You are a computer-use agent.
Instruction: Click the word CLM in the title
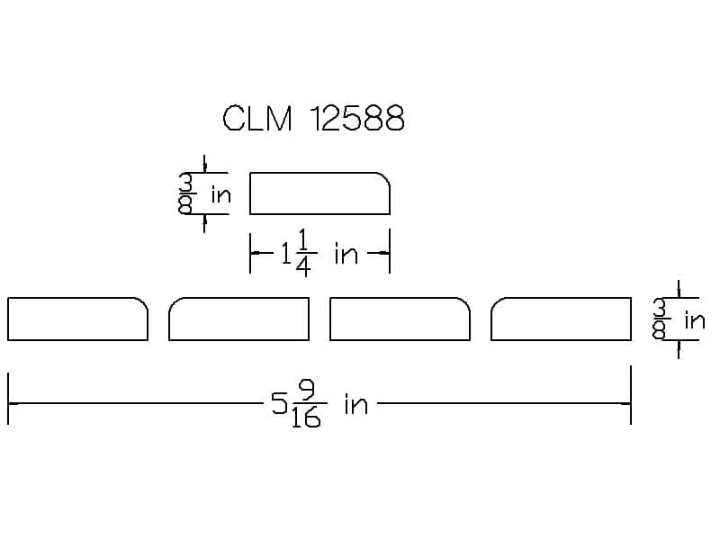click(257, 119)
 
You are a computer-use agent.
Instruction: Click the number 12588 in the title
click(357, 119)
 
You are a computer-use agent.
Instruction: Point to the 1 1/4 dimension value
click(299, 254)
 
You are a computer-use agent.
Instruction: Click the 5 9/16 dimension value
click(299, 404)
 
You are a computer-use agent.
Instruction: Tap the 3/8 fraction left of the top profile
click(185, 193)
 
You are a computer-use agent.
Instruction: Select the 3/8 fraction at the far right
click(661, 319)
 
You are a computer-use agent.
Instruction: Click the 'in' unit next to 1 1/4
click(346, 254)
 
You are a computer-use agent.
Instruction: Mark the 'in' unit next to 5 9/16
click(356, 405)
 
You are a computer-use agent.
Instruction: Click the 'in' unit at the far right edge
click(695, 319)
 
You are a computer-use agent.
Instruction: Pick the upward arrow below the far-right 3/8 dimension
click(679, 349)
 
